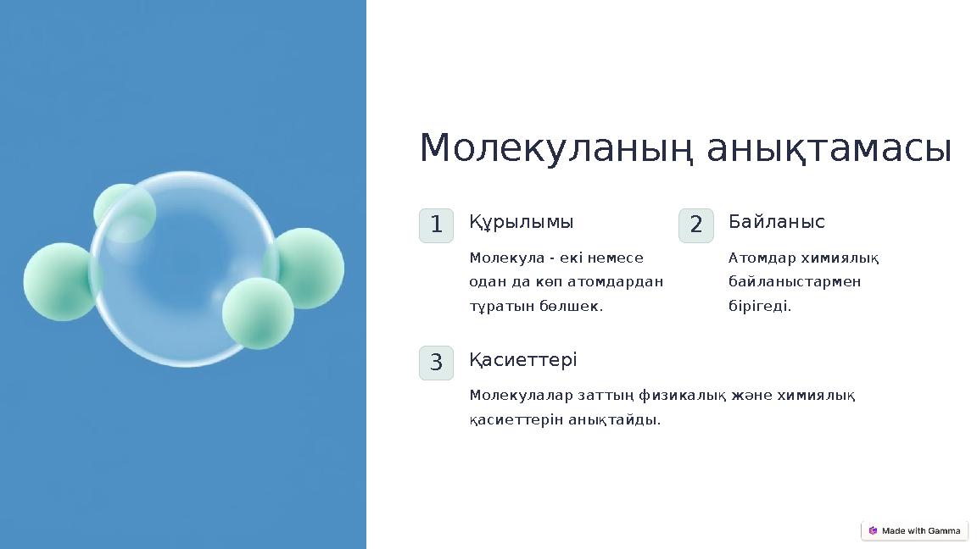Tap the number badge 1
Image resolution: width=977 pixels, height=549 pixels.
436,225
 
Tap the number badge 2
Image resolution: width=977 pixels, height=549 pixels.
695,225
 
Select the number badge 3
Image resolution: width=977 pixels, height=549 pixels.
436,363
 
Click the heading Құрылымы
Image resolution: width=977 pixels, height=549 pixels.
521,222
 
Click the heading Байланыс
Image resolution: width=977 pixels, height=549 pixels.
776,222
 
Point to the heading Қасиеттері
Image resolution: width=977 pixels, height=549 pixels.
522,360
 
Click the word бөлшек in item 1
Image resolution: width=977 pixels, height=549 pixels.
573,306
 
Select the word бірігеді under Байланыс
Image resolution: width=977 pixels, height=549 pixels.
759,306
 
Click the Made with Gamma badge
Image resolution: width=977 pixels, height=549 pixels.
914,530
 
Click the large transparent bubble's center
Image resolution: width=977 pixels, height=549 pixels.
184,269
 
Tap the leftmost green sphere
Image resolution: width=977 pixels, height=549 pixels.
59,282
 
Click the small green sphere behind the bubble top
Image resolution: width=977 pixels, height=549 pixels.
124,207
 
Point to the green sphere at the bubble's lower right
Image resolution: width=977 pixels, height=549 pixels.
258,313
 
